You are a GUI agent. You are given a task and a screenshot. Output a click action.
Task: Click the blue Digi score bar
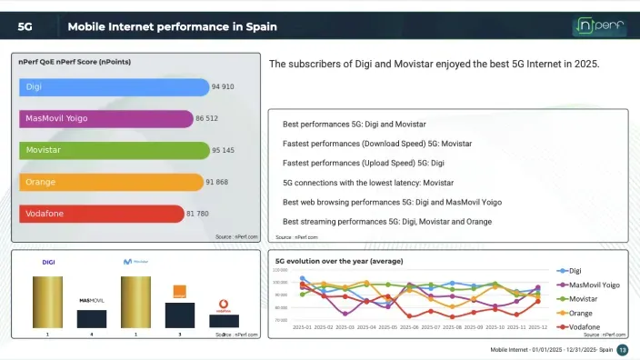[x=114, y=87]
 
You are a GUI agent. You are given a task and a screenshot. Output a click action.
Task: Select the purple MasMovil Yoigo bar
[x=105, y=119]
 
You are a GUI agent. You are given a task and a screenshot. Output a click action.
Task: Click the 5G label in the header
[x=25, y=26]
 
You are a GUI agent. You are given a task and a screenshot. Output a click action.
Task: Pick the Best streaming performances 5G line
[x=387, y=221]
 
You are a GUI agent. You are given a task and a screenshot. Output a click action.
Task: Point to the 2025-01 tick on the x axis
[x=302, y=327]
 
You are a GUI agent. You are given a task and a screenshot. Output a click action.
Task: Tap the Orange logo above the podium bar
[x=179, y=292]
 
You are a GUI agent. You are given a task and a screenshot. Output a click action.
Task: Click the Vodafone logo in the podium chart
[x=224, y=305]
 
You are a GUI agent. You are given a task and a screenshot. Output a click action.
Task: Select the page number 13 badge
[x=623, y=350]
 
